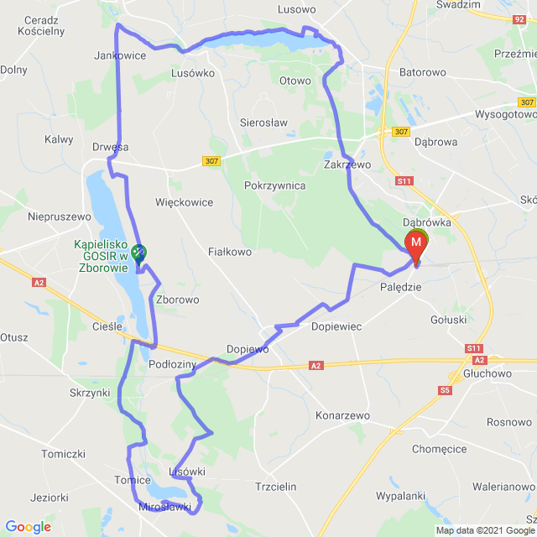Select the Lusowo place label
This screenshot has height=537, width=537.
(x=296, y=9)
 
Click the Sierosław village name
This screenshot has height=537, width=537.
(x=263, y=122)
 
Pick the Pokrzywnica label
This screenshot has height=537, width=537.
(x=274, y=185)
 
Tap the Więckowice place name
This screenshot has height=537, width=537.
(x=184, y=202)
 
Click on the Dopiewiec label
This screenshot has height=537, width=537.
(x=336, y=326)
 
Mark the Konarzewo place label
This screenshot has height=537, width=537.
(x=342, y=415)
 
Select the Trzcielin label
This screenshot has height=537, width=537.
(x=275, y=486)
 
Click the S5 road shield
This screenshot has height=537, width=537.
(x=444, y=390)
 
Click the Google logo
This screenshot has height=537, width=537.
(x=27, y=527)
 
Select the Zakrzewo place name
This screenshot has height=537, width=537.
(x=347, y=165)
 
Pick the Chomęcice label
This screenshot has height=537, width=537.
(x=439, y=449)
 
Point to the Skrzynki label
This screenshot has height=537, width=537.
(x=91, y=393)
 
